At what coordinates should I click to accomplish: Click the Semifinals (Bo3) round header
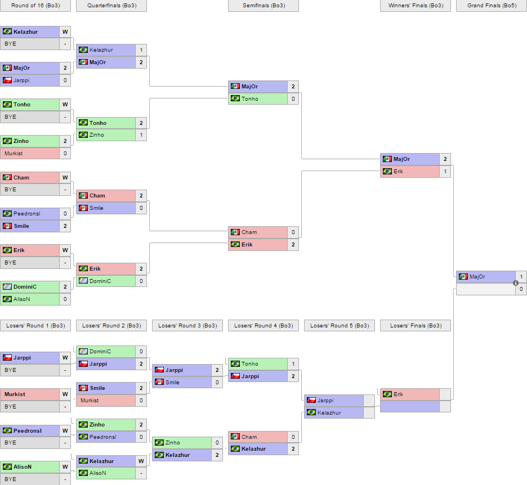263,6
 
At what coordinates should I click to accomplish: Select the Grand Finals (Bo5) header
491,6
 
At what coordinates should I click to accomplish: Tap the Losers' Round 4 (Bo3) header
263,326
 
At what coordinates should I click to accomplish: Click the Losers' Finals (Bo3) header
415,326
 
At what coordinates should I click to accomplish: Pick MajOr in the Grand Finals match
477,277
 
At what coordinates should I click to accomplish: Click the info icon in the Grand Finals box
515,283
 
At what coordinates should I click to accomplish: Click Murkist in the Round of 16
14,153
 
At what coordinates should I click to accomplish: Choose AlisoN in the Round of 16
21,299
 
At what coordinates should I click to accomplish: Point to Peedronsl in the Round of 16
27,214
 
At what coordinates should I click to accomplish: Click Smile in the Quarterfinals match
96,208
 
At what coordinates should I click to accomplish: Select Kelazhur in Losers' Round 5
329,413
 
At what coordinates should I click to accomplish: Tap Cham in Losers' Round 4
249,437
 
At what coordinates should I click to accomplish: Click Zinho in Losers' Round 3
173,443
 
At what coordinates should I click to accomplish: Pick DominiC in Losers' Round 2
100,352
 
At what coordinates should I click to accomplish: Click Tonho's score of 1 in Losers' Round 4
293,364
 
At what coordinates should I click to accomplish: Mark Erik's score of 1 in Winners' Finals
445,172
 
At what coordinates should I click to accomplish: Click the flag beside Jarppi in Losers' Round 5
311,401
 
